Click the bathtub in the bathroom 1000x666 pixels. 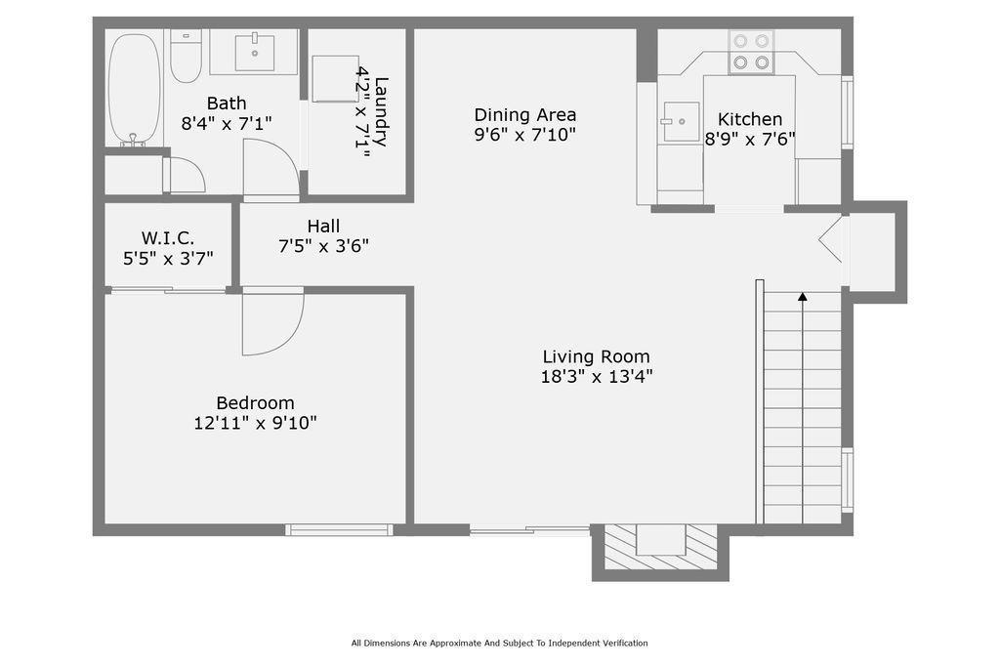click(x=134, y=88)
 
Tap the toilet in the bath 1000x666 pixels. click(x=185, y=57)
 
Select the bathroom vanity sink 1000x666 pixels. click(x=255, y=52)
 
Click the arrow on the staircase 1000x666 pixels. click(x=803, y=296)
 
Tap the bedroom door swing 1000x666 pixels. click(x=271, y=322)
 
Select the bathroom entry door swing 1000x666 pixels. click(x=271, y=169)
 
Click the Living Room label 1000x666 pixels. click(x=596, y=356)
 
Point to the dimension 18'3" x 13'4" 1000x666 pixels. click(x=596, y=376)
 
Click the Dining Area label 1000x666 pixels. click(x=525, y=114)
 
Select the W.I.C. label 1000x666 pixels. click(x=168, y=237)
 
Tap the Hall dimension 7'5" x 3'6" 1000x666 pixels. click(x=323, y=246)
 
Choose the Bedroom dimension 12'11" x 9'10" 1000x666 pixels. click(x=255, y=423)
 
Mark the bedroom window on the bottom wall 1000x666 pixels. click(x=339, y=530)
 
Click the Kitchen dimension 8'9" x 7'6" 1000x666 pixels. click(x=750, y=140)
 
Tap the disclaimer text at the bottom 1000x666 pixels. click(x=499, y=643)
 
